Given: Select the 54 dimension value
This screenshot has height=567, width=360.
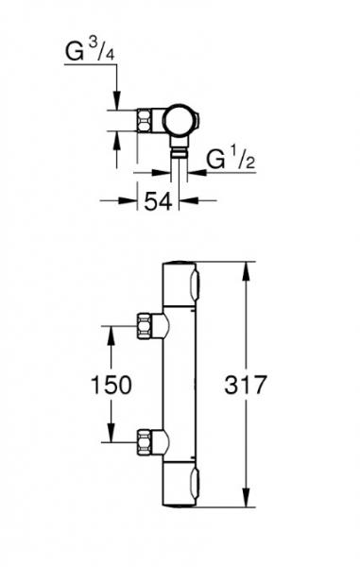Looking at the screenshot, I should click(x=158, y=200).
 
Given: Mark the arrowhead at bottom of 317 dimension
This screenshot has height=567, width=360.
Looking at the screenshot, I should click(x=249, y=507).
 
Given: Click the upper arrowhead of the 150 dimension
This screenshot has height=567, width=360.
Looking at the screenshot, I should click(x=112, y=331).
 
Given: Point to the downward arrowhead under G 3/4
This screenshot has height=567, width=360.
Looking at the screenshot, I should click(x=117, y=105).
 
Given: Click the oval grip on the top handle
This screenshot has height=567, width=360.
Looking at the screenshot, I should click(x=195, y=283).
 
